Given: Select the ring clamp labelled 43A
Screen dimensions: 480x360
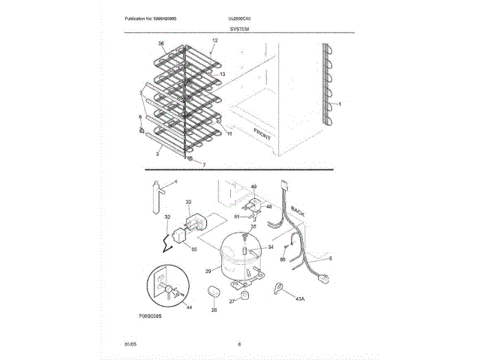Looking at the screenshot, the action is pyautogui.click(x=278, y=286).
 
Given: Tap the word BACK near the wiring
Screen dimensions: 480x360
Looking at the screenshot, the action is pyautogui.click(x=298, y=213).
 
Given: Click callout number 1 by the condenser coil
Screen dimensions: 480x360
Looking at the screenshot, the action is pyautogui.click(x=339, y=104).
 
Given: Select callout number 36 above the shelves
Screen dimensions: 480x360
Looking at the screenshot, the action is pyautogui.click(x=160, y=43).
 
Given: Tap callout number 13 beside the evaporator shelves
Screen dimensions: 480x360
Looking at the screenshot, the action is pyautogui.click(x=222, y=74).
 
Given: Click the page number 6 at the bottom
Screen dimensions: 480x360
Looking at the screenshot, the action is pyautogui.click(x=238, y=344).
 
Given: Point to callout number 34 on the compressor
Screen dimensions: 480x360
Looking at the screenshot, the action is pyautogui.click(x=271, y=246).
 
